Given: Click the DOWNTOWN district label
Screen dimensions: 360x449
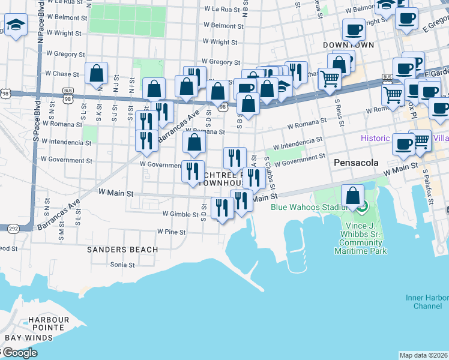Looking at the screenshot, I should [x=348, y=45].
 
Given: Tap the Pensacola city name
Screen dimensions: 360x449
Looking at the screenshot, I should [x=354, y=163].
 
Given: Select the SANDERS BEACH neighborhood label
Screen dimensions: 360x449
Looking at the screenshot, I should [x=122, y=249].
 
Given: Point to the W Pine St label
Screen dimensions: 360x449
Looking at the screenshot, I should [x=169, y=231].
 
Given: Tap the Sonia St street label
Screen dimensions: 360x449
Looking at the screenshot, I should [x=122, y=264].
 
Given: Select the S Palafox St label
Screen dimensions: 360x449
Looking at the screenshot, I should [x=428, y=187].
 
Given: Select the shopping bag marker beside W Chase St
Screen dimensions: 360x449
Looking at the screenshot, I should [x=96, y=74].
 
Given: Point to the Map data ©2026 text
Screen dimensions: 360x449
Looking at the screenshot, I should [x=423, y=355].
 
